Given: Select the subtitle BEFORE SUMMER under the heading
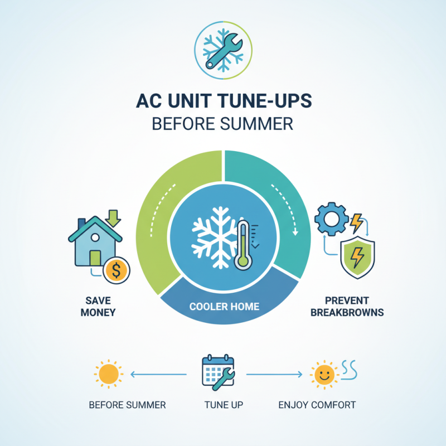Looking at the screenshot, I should click(223, 124).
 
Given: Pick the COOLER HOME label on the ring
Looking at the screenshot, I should click(223, 306).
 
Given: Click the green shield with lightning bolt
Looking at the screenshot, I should click(357, 257).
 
